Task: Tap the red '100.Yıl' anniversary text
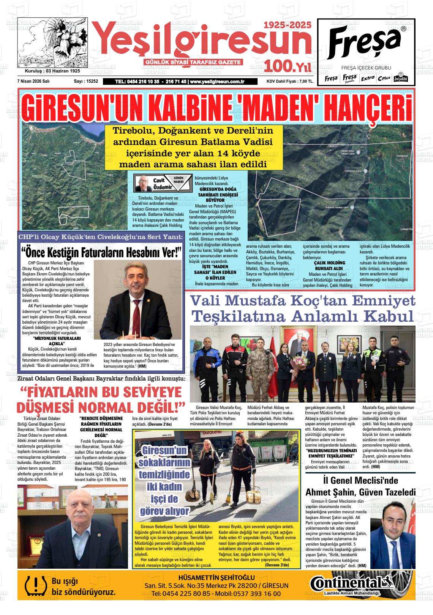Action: click(288, 66)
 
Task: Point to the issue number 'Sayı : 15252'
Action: click(86, 81)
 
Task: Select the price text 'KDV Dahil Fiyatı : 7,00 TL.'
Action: click(290, 82)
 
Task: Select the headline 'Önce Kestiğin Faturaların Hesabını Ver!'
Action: click(102, 252)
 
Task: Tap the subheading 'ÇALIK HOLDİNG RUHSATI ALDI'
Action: click(329, 265)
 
